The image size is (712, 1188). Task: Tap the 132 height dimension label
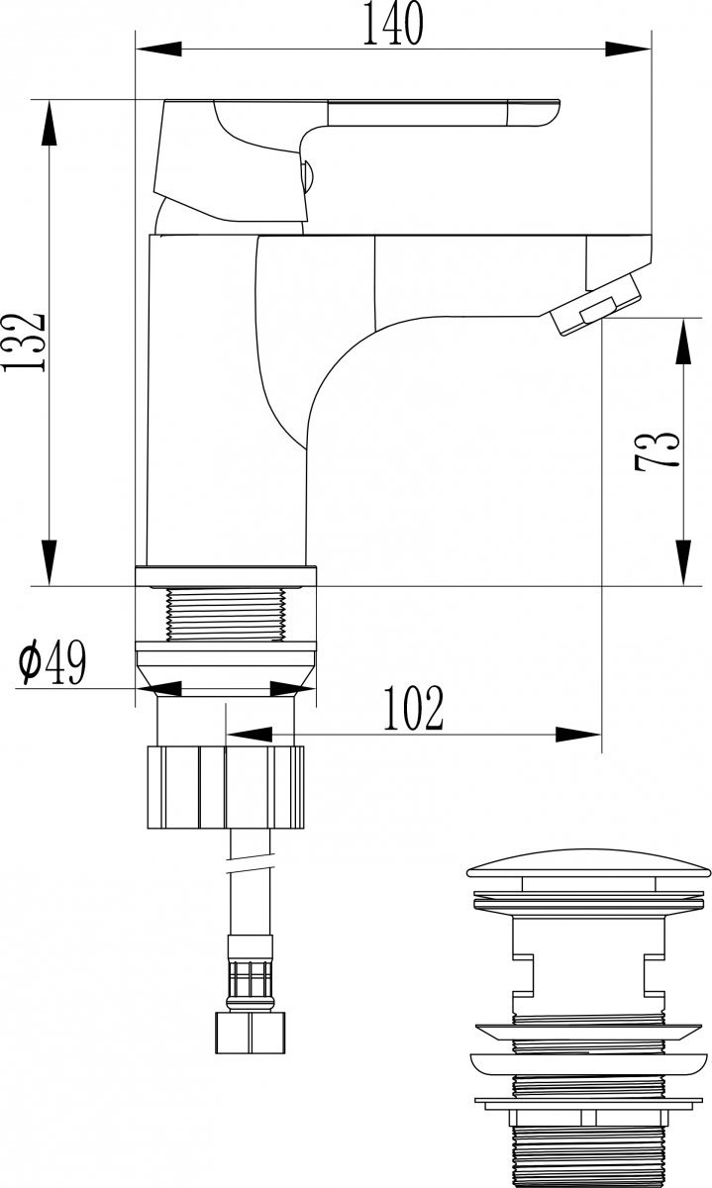[x=24, y=341]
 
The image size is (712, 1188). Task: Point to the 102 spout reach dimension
[x=413, y=707]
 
